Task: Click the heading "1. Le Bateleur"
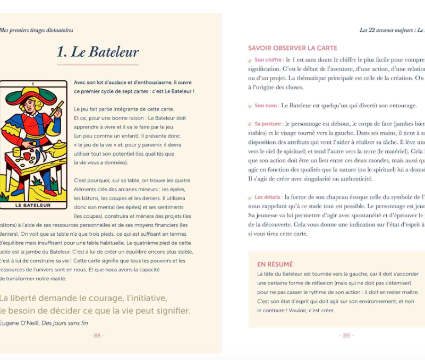tap(98, 52)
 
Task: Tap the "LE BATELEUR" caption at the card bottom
tap(33, 205)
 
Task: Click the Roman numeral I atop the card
tap(33, 83)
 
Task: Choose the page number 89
tap(346, 335)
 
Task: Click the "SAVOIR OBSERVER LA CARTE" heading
tap(293, 48)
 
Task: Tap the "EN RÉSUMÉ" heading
tap(275, 264)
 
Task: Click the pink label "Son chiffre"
tap(268, 60)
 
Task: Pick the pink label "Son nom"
tap(266, 106)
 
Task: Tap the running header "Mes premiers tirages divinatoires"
tap(36, 30)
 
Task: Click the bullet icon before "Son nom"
tap(250, 106)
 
